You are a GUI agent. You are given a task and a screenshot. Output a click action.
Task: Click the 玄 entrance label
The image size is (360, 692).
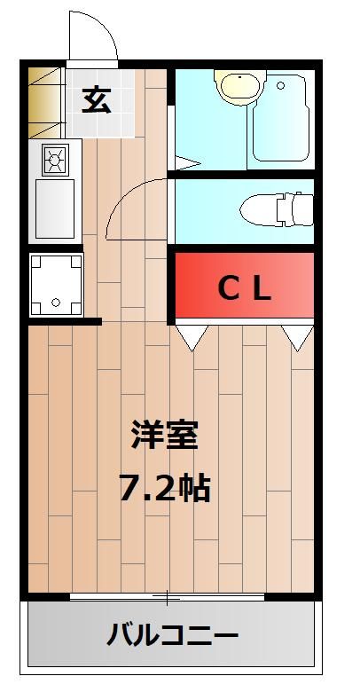(x=97, y=100)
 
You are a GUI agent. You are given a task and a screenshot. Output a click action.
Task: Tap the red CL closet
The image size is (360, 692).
(x=245, y=287)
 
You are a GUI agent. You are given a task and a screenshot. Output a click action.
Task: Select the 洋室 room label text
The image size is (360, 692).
(x=165, y=436)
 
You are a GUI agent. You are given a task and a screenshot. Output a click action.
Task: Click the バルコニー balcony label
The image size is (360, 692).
(x=173, y=635)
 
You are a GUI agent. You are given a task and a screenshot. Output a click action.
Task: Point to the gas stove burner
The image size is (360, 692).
(x=54, y=161)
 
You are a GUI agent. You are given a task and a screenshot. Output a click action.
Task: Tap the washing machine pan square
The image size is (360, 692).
(x=55, y=283)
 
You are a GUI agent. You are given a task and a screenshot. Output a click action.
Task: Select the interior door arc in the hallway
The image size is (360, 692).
(x=133, y=208)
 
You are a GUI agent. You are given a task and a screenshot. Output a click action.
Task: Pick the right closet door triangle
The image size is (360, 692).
(x=298, y=335)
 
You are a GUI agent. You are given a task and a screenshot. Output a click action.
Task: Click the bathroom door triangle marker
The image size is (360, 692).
(x=184, y=162)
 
